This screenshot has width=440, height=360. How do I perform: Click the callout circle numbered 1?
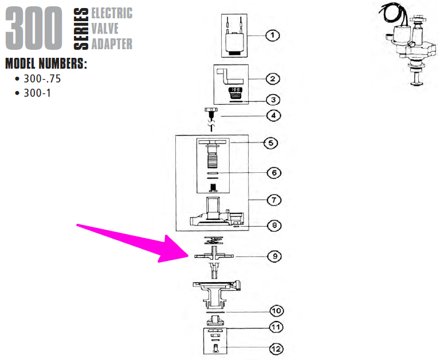pyautogui.click(x=272, y=35)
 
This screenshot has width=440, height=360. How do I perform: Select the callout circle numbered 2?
pyautogui.click(x=273, y=79)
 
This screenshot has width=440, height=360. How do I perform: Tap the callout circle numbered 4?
pyautogui.click(x=274, y=115)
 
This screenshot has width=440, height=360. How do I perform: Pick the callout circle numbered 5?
pyautogui.click(x=270, y=143)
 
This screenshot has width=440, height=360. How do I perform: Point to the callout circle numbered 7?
pyautogui.click(x=274, y=200)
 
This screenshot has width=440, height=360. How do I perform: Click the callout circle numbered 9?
pyautogui.click(x=275, y=256)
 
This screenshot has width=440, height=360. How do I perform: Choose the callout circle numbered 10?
pyautogui.click(x=277, y=311)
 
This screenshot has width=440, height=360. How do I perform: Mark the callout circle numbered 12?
pyautogui.click(x=276, y=349)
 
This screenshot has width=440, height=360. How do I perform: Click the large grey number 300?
pyautogui.click(x=34, y=28)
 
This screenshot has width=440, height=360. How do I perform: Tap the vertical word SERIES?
pyautogui.click(x=81, y=29)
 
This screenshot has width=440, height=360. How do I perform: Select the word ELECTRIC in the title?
pyautogui.click(x=112, y=13)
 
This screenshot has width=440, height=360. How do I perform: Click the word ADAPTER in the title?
pyautogui.click(x=112, y=43)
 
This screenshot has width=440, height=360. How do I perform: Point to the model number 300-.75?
pyautogui.click(x=42, y=79)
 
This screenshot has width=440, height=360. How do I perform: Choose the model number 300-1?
pyautogui.click(x=37, y=93)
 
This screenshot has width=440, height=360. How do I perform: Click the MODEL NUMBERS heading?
pyautogui.click(x=46, y=64)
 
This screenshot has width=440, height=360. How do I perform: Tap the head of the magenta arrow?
pyautogui.click(x=188, y=256)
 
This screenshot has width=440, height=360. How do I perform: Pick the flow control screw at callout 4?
pyautogui.click(x=211, y=119)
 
